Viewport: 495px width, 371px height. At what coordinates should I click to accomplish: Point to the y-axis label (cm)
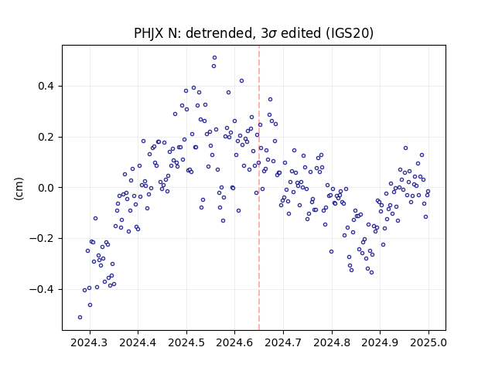pyautogui.click(x=19, y=189)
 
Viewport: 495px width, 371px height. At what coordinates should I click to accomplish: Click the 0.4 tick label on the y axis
pyautogui.click(x=46, y=86)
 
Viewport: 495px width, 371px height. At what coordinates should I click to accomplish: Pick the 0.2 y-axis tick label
pyautogui.click(x=46, y=138)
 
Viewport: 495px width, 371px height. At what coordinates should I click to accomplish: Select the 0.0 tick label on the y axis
pyautogui.click(x=46, y=188)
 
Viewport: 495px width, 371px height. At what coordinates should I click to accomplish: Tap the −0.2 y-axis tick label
pyautogui.click(x=42, y=239)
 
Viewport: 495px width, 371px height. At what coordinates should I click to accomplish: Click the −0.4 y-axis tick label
pyautogui.click(x=42, y=289)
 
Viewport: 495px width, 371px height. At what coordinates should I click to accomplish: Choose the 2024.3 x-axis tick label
pyautogui.click(x=90, y=342)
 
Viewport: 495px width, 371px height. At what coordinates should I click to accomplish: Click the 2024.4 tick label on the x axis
pyautogui.click(x=138, y=342)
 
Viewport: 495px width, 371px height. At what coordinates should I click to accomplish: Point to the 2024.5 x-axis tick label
pyautogui.click(x=186, y=342)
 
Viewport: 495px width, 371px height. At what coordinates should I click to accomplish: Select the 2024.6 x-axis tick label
pyautogui.click(x=234, y=342)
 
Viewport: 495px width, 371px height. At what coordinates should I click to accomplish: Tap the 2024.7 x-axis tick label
pyautogui.click(x=284, y=342)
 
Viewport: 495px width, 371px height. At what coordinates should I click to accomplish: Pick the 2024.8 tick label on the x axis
pyautogui.click(x=332, y=342)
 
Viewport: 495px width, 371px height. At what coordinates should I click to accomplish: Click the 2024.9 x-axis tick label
pyautogui.click(x=380, y=342)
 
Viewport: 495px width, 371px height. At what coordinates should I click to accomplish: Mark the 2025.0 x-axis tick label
pyautogui.click(x=428, y=342)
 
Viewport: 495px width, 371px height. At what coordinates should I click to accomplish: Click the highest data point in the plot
pyautogui.click(x=215, y=58)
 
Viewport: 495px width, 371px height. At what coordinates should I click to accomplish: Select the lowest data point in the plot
pyautogui.click(x=80, y=318)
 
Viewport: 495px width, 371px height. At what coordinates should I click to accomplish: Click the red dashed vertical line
pyautogui.click(x=259, y=188)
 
